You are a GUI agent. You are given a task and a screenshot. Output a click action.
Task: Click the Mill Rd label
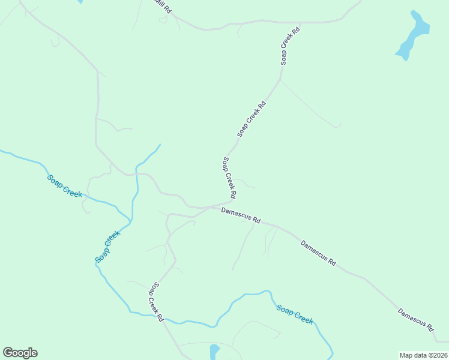pos(162,7)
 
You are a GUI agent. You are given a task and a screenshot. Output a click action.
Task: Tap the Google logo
pos(20,353)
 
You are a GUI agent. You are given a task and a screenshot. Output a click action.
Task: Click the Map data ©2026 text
pos(423,355)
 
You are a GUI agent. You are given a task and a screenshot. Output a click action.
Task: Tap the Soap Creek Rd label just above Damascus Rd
pos(229,178)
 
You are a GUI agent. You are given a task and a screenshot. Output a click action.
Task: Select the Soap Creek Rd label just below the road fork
pos(252,119)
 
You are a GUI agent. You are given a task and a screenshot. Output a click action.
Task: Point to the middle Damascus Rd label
pos(318,253)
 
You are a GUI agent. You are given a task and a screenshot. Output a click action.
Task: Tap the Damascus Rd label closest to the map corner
pos(415,319)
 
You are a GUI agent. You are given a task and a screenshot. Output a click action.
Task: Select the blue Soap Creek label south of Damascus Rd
pos(295,314)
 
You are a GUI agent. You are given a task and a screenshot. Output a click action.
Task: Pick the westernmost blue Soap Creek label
pos(64,185)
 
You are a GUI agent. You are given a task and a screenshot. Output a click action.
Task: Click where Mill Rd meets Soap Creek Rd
pos(299,23)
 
